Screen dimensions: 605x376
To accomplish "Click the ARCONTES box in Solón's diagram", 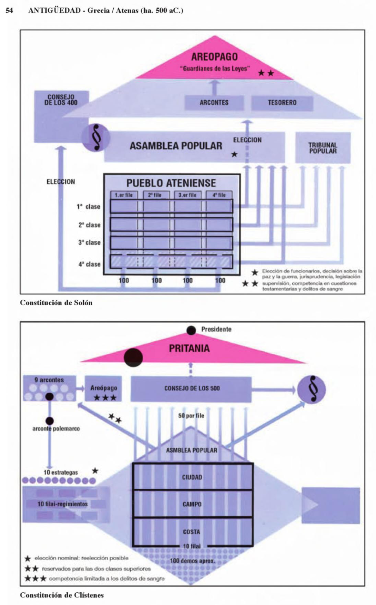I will pos(214,103).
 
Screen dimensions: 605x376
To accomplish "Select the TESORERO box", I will pos(282,103).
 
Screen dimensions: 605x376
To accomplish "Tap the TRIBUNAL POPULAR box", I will pos(323,148).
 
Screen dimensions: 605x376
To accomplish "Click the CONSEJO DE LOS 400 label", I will pos(61,100).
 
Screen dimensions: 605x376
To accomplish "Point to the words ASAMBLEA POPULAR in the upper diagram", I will pos(176,146).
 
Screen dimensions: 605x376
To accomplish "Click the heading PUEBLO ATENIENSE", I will pos(171,183).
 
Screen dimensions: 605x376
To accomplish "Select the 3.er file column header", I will pos(187,195).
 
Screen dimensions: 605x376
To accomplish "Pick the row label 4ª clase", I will pos(89,264).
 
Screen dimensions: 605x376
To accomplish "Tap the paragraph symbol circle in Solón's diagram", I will pos(96,138).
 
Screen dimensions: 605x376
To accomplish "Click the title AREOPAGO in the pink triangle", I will pos(214,57).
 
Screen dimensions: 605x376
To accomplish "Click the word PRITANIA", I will pos(189,348).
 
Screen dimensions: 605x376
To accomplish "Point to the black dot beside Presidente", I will pos(191,330).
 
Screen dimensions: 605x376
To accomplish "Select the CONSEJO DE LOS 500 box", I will pos(192,388).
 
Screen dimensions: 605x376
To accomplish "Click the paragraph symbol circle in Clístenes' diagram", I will pos(311,389).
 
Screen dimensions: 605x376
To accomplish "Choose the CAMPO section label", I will pos(192,504).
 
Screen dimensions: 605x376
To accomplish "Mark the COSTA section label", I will pos(192,532).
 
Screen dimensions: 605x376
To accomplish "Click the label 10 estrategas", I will pos(61,472).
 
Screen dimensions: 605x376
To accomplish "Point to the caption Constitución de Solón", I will pos(56,302).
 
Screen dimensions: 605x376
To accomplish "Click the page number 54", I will pos(10,11).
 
